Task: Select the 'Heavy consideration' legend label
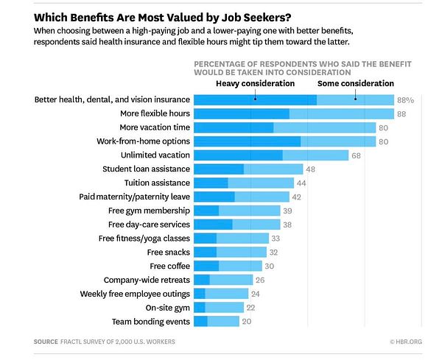coord(254,83)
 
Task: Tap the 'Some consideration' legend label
coord(356,83)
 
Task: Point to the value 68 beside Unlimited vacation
coord(356,155)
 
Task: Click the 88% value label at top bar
coord(406,99)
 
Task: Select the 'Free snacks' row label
coord(169,252)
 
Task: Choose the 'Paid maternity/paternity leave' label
coord(135,197)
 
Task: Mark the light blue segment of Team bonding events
coord(223,322)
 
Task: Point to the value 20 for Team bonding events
coord(248,322)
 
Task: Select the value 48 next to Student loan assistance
coord(310,169)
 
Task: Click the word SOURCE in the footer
coord(46,342)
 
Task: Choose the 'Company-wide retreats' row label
coord(147,280)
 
